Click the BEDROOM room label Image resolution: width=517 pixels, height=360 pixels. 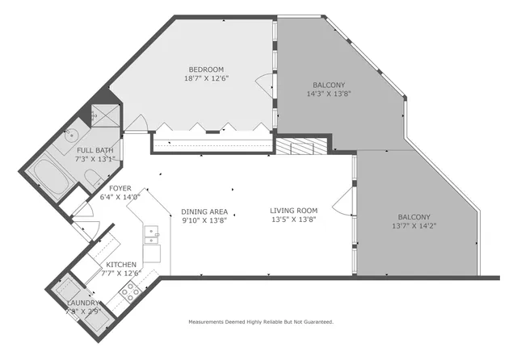[x=206, y=69]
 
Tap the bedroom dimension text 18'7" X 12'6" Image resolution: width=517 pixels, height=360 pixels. [x=206, y=79]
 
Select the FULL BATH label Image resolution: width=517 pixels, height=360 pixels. [x=95, y=150]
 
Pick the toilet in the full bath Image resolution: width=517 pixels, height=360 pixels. [x=94, y=178]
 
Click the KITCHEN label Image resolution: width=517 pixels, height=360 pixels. [x=121, y=264]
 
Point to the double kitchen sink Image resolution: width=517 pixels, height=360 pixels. [x=150, y=235]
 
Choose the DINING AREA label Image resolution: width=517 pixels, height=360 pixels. [x=204, y=211]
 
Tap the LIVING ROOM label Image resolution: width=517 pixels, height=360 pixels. [x=293, y=211]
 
